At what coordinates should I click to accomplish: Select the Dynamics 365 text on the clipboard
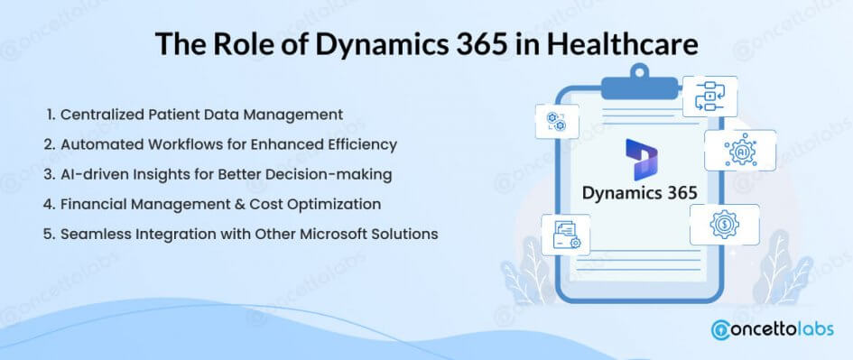[640, 193]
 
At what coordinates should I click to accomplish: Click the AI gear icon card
[740, 151]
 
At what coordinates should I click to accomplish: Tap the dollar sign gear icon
[724, 224]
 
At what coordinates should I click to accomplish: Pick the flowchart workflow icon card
[709, 97]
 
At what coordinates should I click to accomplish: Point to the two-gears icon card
[557, 121]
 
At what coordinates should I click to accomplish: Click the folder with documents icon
[566, 235]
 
